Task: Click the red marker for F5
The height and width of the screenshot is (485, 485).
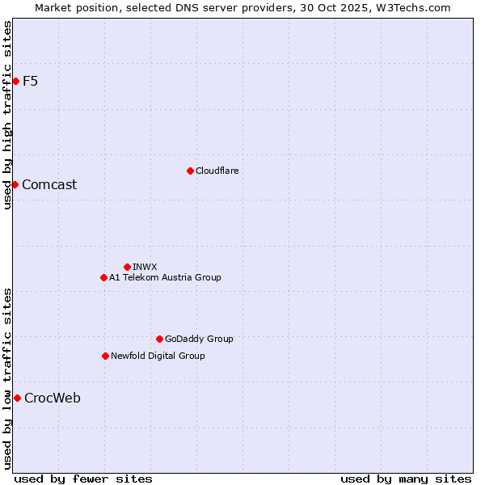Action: [15, 81]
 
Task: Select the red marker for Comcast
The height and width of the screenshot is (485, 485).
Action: [15, 184]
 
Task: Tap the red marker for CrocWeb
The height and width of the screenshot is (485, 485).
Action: [17, 398]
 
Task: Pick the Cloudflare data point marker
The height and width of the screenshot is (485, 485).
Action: [190, 171]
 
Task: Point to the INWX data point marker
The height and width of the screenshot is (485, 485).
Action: [127, 267]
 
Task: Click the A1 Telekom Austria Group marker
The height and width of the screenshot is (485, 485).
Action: [103, 277]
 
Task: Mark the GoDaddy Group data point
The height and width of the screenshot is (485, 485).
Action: [159, 339]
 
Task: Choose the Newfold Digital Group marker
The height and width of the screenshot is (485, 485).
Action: [105, 356]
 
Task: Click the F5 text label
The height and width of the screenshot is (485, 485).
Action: [30, 81]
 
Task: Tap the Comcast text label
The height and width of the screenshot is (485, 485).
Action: [49, 184]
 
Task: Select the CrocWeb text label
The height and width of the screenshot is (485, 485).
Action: [53, 398]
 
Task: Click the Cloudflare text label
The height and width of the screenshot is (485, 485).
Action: [217, 171]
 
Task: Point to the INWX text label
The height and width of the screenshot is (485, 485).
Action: [145, 267]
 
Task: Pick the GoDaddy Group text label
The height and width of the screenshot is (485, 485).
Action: [199, 339]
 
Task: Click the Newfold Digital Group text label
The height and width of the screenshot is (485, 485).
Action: [158, 356]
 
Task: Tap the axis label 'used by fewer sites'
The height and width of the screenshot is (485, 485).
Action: [83, 479]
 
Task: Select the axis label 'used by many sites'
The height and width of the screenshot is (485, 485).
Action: [406, 479]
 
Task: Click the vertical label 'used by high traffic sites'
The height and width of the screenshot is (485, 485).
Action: [7, 115]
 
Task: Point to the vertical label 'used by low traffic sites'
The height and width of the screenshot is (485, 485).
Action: [7, 378]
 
